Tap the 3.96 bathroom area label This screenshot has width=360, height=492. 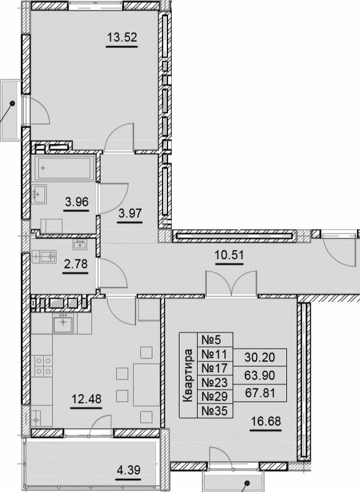click(x=76, y=200)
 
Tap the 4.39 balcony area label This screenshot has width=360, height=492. click(x=129, y=472)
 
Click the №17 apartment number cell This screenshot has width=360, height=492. click(x=210, y=367)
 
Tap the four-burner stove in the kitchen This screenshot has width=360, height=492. click(x=43, y=365)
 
